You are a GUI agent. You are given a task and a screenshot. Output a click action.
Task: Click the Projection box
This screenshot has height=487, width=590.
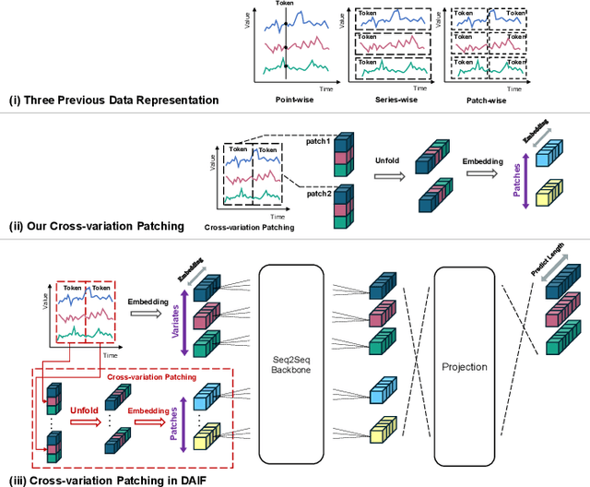(464, 366)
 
